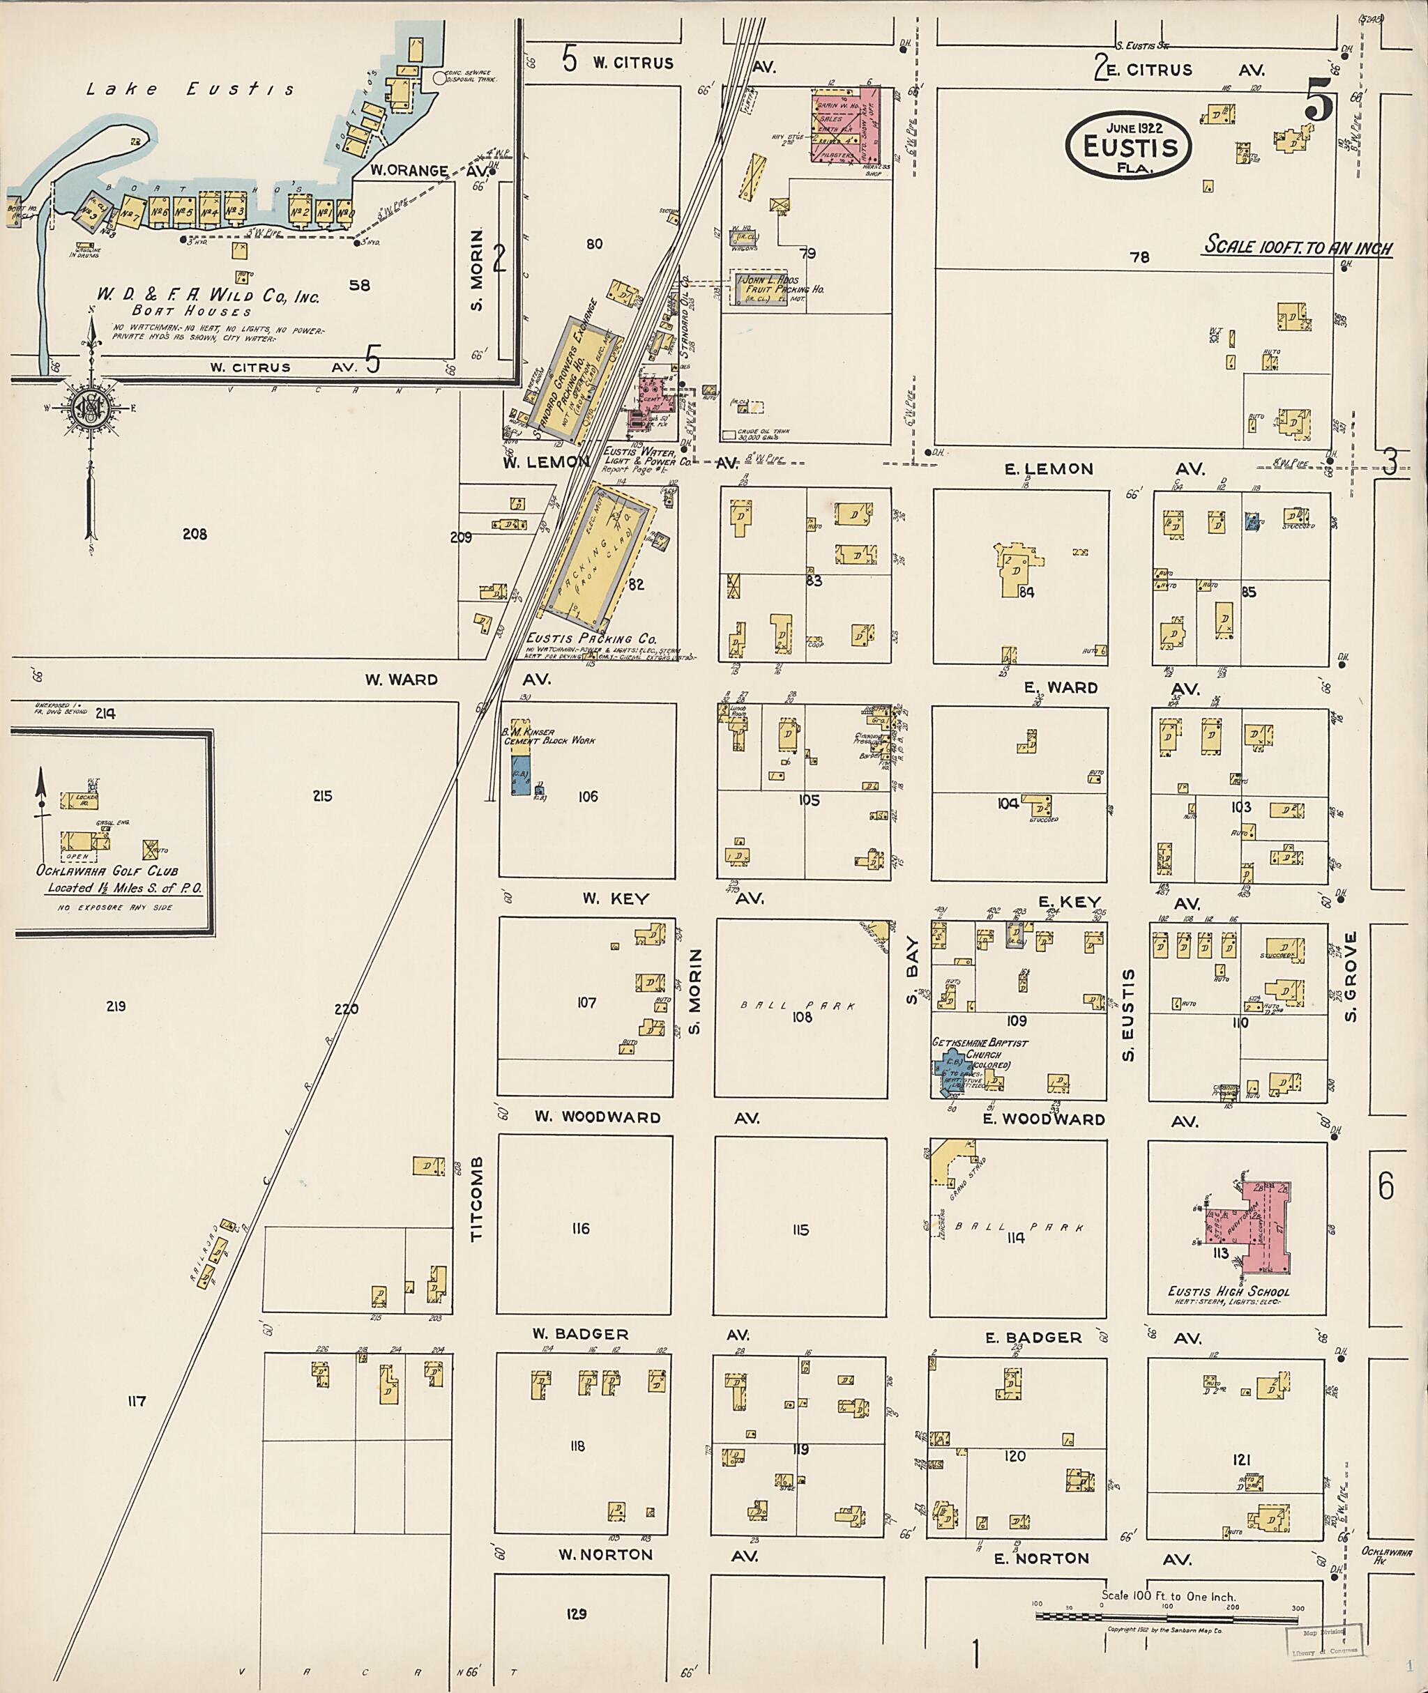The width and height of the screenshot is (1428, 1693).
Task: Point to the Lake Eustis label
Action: (x=191, y=90)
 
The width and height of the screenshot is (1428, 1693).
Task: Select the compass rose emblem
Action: (x=87, y=408)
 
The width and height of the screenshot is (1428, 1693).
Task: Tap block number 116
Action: (x=580, y=1229)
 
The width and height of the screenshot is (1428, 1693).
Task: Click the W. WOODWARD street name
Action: (x=598, y=1117)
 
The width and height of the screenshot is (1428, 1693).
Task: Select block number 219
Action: (x=116, y=1006)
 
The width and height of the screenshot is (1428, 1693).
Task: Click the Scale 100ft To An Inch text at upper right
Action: (x=1298, y=246)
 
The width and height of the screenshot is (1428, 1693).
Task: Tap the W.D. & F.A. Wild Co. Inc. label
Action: (x=208, y=296)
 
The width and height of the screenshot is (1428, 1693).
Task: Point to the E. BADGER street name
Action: (x=1033, y=1338)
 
